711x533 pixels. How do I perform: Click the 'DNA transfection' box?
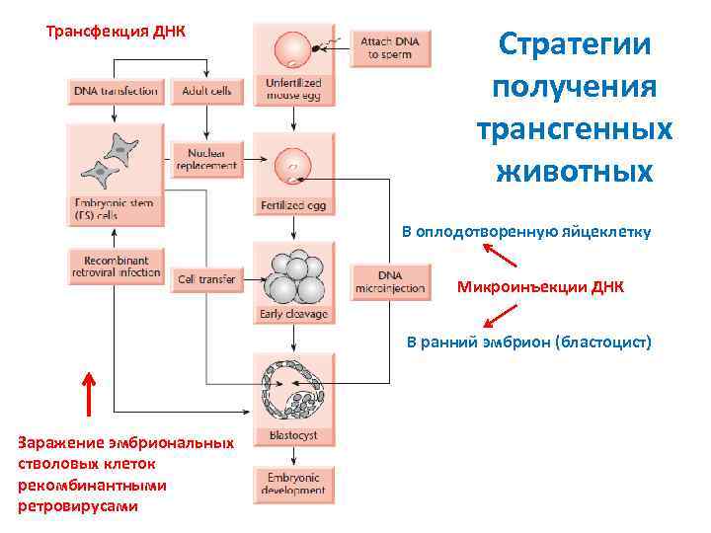click(115, 92)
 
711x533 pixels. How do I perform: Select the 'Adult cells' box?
click(206, 92)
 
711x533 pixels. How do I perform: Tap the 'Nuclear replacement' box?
click(206, 159)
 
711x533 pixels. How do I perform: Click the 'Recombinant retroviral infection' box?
click(115, 266)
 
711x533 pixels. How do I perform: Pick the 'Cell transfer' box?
click(206, 279)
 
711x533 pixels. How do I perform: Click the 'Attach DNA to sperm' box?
click(390, 48)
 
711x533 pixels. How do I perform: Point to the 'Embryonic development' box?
click(293, 484)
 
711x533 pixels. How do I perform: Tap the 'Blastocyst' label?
click(293, 435)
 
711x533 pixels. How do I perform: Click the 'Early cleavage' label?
click(293, 314)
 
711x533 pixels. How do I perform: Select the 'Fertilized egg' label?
click(293, 206)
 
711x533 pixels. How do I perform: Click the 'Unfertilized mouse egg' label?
click(293, 91)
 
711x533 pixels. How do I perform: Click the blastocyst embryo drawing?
click(293, 390)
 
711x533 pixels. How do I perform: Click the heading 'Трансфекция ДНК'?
click(116, 30)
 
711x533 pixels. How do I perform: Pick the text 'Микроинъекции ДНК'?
click(540, 287)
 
